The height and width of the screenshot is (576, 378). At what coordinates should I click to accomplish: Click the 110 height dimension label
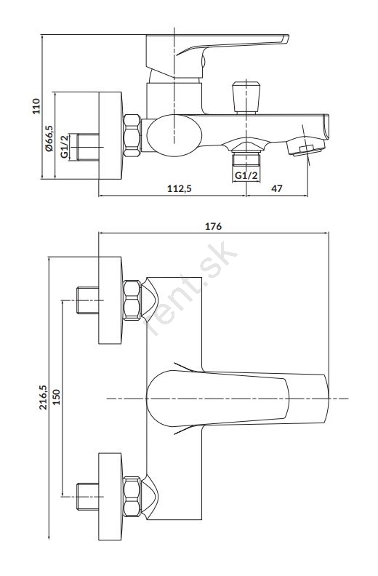pos(36,106)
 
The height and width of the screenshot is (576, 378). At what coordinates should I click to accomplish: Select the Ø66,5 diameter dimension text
pos(49,138)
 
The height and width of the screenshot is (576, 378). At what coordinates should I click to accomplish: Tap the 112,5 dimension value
pos(180,188)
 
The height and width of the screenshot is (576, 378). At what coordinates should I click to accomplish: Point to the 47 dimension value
pos(277,188)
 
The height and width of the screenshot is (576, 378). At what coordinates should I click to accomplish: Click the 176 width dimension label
pos(214,226)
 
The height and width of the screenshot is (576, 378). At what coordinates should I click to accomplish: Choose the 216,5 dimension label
pos(44,398)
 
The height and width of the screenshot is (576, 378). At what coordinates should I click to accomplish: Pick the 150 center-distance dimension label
pos(56,397)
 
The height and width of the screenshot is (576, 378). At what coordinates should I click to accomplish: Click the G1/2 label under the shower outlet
pos(246,175)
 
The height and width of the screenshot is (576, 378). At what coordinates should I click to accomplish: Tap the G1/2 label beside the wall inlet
pos(65,147)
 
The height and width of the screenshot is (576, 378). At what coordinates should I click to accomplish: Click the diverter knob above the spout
pos(246,97)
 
